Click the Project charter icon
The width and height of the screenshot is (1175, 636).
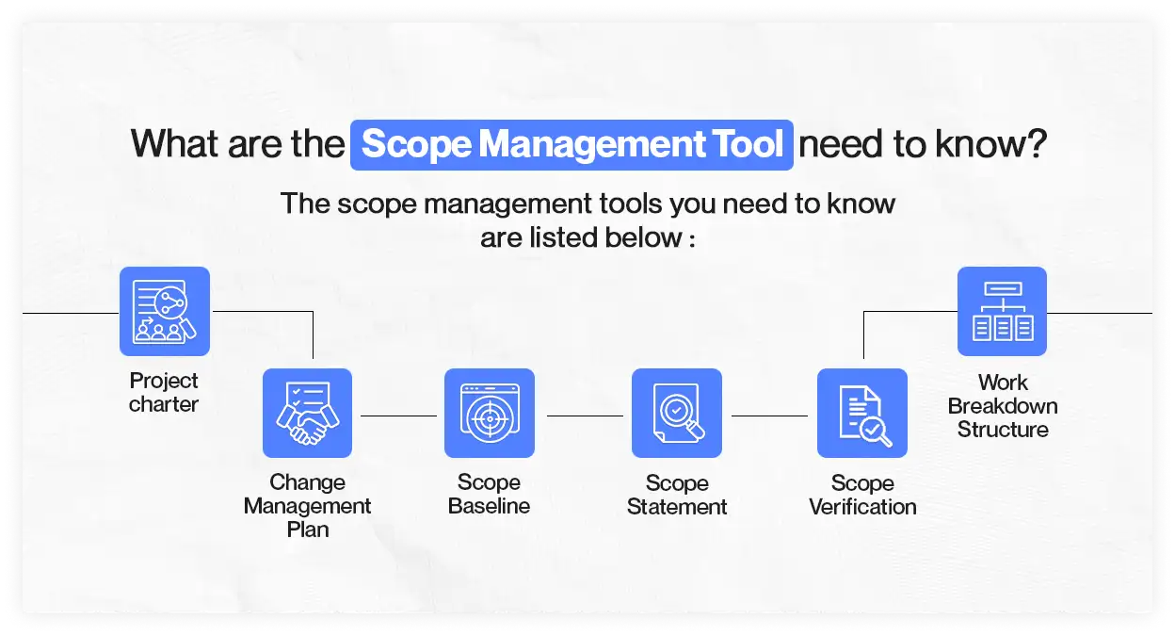pyautogui.click(x=165, y=311)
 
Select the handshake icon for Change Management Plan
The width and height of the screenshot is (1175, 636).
pyautogui.click(x=307, y=413)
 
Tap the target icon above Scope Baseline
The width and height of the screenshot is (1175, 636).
pyautogui.click(x=489, y=413)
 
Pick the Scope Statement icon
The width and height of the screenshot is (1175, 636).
pyautogui.click(x=676, y=413)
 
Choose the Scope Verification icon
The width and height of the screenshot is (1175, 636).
pyautogui.click(x=861, y=413)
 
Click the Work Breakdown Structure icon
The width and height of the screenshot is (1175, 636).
pyautogui.click(x=1002, y=311)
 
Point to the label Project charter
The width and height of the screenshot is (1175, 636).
pyautogui.click(x=164, y=393)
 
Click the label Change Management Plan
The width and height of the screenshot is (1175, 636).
pyautogui.click(x=307, y=506)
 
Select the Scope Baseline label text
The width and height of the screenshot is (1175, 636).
pyautogui.click(x=489, y=495)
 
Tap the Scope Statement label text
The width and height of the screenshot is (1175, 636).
pyautogui.click(x=676, y=495)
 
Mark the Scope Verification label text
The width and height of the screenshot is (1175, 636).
pyautogui.click(x=861, y=495)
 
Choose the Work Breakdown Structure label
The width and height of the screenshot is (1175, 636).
pyautogui.click(x=1002, y=406)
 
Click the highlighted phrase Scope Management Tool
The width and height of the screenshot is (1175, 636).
pyautogui.click(x=571, y=145)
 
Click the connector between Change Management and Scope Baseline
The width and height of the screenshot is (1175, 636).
pyautogui.click(x=398, y=415)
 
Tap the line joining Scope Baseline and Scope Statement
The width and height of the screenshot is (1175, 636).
pyautogui.click(x=585, y=415)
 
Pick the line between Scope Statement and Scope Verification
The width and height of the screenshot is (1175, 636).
pyautogui.click(x=769, y=415)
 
